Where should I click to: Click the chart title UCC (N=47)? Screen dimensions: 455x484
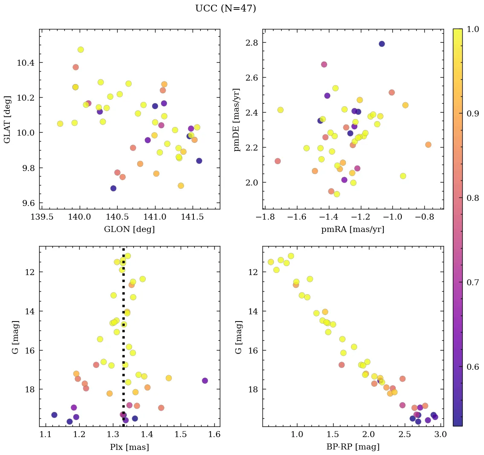[225, 9]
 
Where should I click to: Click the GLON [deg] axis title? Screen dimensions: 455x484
[130, 229]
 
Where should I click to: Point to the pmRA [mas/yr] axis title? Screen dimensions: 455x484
[353, 229]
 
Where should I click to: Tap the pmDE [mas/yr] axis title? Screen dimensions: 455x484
[237, 120]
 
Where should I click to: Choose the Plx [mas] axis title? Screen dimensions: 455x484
[130, 447]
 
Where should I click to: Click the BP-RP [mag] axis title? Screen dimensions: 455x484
[353, 447]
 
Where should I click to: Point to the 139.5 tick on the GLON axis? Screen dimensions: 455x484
[42, 217]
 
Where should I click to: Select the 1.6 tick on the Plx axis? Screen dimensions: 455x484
[215, 435]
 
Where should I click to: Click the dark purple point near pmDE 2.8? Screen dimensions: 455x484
[382, 44]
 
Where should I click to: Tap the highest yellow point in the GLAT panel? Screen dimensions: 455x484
[81, 50]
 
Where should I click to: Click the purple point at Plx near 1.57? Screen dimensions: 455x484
[205, 380]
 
